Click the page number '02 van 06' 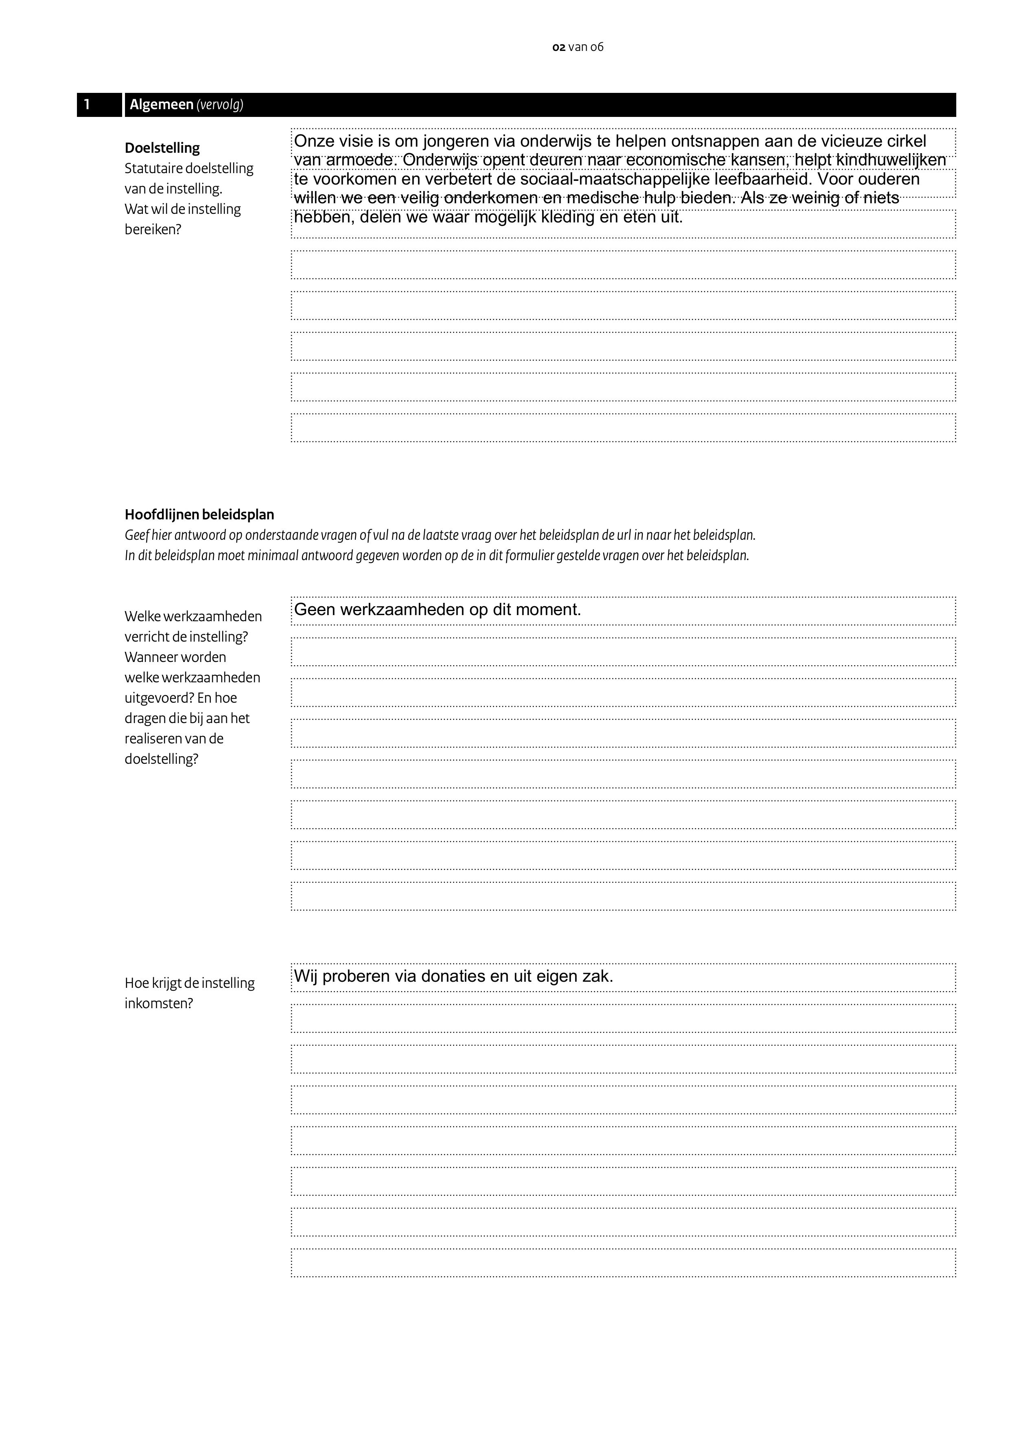click(x=578, y=47)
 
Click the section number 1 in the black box click(x=87, y=105)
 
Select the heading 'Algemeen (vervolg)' click(x=186, y=105)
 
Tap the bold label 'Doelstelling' click(x=162, y=148)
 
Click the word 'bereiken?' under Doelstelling click(x=153, y=229)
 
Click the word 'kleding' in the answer click(x=566, y=217)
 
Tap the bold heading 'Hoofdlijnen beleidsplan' click(x=199, y=515)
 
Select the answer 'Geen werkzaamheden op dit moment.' click(x=437, y=610)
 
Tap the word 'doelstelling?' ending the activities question click(x=161, y=759)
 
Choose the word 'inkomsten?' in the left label click(x=159, y=1003)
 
